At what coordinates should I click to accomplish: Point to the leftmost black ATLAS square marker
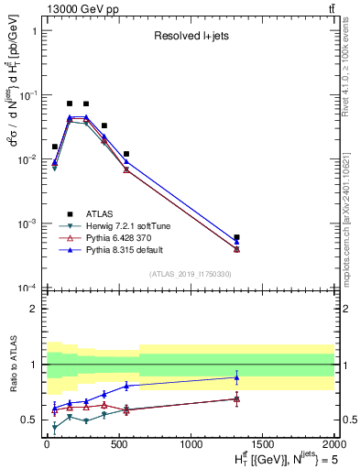pyautogui.click(x=55, y=147)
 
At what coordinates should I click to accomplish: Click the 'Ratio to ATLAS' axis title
pyautogui.click(x=12, y=365)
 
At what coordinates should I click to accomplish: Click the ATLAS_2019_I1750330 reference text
pyautogui.click(x=190, y=274)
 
